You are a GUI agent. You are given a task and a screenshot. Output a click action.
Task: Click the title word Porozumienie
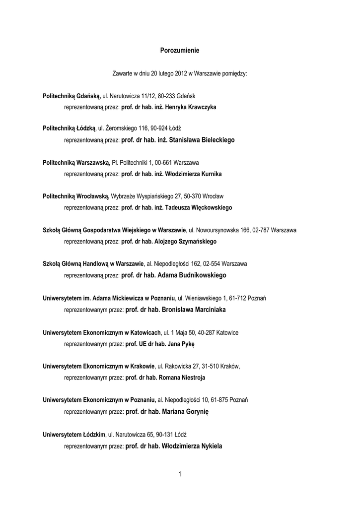click(x=180, y=50)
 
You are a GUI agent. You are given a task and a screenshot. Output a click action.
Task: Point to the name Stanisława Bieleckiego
click(x=202, y=140)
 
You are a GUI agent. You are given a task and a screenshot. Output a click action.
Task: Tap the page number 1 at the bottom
click(x=180, y=474)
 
